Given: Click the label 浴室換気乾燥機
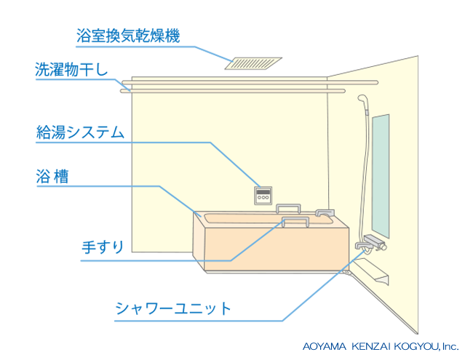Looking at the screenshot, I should tap(127, 34).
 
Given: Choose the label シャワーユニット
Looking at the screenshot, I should tap(173, 308).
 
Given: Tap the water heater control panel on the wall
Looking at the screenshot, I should tap(263, 195).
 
